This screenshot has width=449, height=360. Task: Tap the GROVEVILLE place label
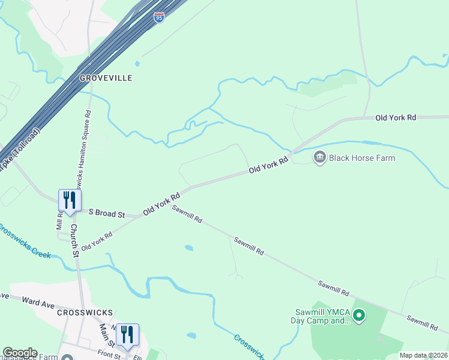click(106, 78)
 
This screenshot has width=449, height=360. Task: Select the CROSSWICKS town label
click(85, 313)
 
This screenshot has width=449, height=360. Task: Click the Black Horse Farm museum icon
click(319, 158)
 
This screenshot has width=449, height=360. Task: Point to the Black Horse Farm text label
click(361, 158)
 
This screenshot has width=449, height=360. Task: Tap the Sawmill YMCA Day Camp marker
click(359, 314)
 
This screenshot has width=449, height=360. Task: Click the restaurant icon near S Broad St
click(70, 199)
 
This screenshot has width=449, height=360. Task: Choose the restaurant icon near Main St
click(127, 334)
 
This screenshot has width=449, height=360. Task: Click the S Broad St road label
click(106, 213)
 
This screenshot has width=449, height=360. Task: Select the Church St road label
click(75, 240)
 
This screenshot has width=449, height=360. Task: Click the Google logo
click(20, 353)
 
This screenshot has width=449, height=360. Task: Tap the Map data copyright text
click(423, 356)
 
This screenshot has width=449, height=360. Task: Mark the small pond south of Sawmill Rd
click(189, 247)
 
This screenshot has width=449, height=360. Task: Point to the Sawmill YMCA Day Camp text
click(322, 316)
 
